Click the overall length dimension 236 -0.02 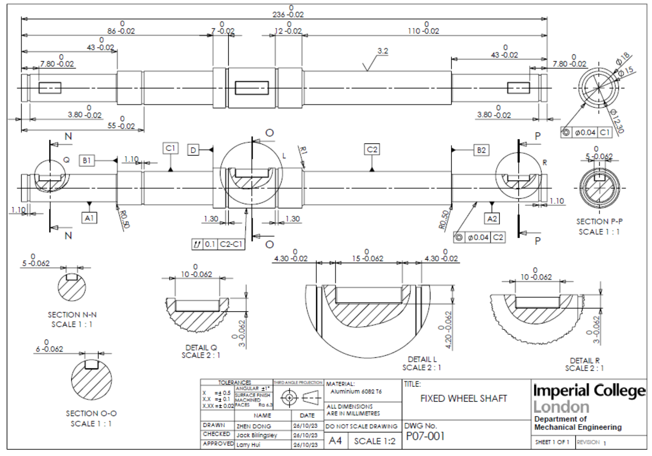coord(288,15)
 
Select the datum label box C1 coord(171,148)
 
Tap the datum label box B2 coord(481,150)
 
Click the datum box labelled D coord(193,150)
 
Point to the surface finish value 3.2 coord(383,51)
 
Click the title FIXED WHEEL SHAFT coord(464,399)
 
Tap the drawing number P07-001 coord(425,436)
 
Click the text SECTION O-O coord(91,413)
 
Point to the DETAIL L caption coord(422,359)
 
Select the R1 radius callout coord(303,150)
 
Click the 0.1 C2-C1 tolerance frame coord(218,244)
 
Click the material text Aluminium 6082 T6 coord(356,391)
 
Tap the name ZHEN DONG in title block coord(254,426)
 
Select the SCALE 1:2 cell coord(374,441)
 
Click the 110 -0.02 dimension coord(423,31)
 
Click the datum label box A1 coord(89,218)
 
